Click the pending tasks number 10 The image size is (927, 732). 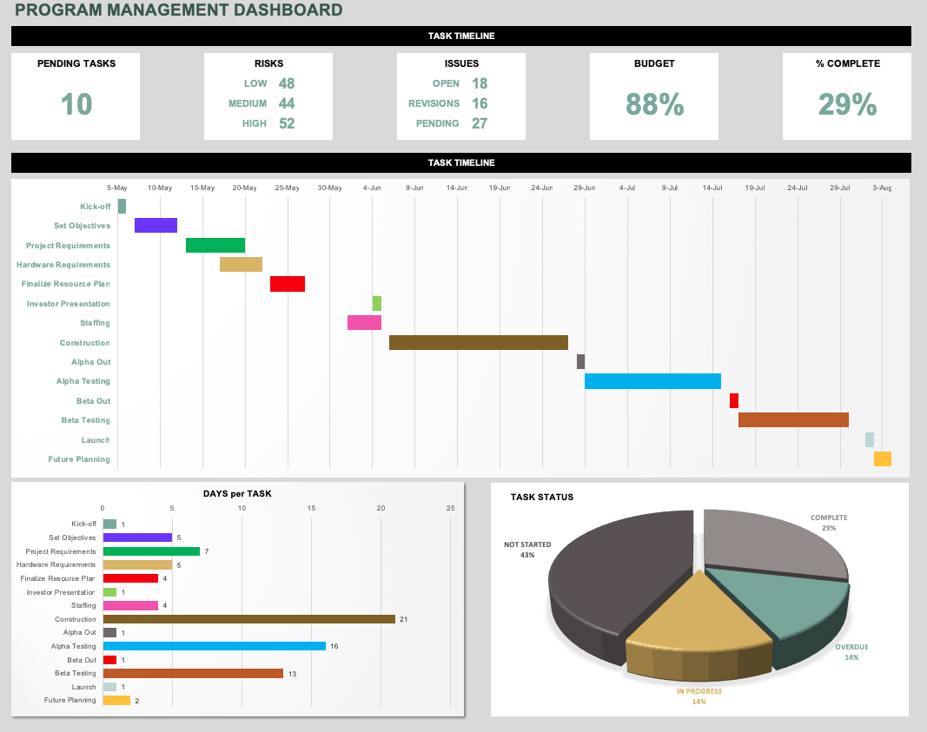pos(76,105)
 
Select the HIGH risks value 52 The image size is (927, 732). pos(287,123)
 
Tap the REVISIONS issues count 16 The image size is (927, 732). pos(480,103)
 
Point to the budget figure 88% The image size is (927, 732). pos(654,105)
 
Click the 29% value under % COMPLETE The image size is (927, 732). pos(847,105)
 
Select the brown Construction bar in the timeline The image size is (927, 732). pos(478,342)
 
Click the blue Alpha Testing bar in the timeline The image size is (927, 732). pos(652,381)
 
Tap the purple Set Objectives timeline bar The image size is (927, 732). pos(156,226)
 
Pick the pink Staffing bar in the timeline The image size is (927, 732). pos(364,323)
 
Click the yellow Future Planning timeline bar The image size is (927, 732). pos(882,459)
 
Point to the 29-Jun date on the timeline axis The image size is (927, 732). pos(585,188)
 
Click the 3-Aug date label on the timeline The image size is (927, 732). pos(882,188)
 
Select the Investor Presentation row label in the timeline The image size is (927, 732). pos(69,304)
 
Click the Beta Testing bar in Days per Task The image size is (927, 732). pos(193,673)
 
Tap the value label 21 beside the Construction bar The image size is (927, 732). pos(403,619)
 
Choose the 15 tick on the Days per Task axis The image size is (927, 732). pos(311,508)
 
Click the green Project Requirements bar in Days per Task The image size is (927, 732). pos(151,551)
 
